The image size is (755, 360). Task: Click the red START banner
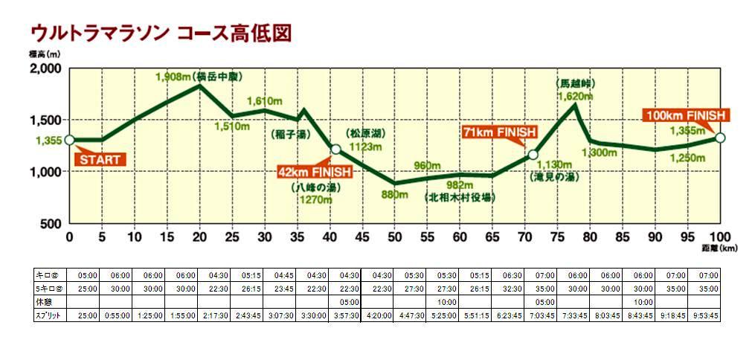pyautogui.click(x=100, y=159)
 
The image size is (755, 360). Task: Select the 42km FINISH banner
pyautogui.click(x=309, y=172)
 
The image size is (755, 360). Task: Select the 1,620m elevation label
pyautogui.click(x=575, y=96)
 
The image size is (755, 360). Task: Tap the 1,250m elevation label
pyautogui.click(x=687, y=158)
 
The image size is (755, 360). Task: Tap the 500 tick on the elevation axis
pyautogui.click(x=50, y=224)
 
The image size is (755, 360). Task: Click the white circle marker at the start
pyautogui.click(x=69, y=139)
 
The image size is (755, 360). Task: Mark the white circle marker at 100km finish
pyautogui.click(x=720, y=137)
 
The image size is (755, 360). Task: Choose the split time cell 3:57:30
pyautogui.click(x=346, y=315)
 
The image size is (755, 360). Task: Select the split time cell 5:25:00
pyautogui.click(x=443, y=315)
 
